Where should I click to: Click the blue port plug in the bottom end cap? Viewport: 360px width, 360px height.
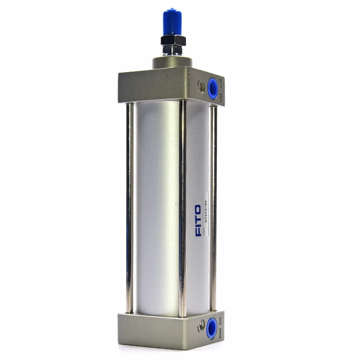pyautogui.click(x=211, y=328)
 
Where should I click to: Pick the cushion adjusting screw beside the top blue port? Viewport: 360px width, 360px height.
pyautogui.click(x=201, y=84)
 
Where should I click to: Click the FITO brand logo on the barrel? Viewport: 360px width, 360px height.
pyautogui.click(x=198, y=220)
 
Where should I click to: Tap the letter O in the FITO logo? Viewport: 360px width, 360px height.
pyautogui.click(x=198, y=209)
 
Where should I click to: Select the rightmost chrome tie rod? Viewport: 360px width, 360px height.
pyautogui.click(x=213, y=202)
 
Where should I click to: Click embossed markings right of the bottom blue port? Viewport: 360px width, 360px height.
pyautogui.click(x=220, y=331)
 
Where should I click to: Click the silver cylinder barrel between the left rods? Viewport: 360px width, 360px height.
pyautogui.click(x=155, y=202)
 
